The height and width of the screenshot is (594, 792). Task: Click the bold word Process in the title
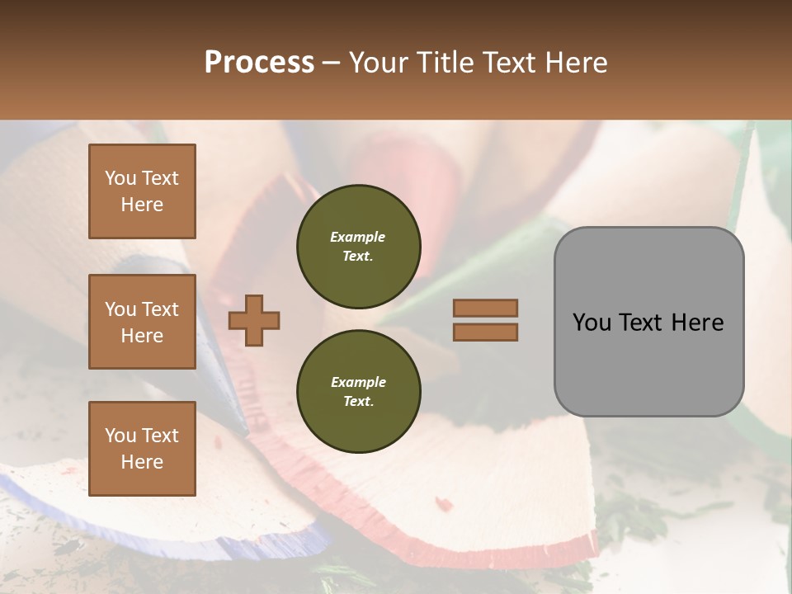click(259, 62)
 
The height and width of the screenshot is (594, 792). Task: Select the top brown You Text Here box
click(142, 191)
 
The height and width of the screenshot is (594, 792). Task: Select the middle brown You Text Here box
click(142, 322)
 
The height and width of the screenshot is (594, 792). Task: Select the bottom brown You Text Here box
click(142, 448)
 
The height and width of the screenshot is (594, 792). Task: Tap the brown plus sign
click(254, 320)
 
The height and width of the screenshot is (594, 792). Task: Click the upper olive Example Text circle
click(358, 247)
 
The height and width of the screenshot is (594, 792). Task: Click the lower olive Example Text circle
click(358, 391)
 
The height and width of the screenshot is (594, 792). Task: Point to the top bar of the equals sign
click(485, 308)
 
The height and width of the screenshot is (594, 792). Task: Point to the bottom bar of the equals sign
click(485, 332)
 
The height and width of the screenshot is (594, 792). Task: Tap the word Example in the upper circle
click(358, 237)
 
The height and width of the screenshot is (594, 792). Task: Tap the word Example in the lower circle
click(358, 382)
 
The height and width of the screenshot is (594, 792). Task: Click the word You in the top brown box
click(120, 178)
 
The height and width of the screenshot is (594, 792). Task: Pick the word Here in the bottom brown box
click(142, 462)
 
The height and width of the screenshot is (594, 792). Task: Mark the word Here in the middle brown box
click(142, 336)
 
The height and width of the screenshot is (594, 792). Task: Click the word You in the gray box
click(592, 323)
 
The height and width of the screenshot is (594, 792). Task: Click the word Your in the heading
click(379, 62)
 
